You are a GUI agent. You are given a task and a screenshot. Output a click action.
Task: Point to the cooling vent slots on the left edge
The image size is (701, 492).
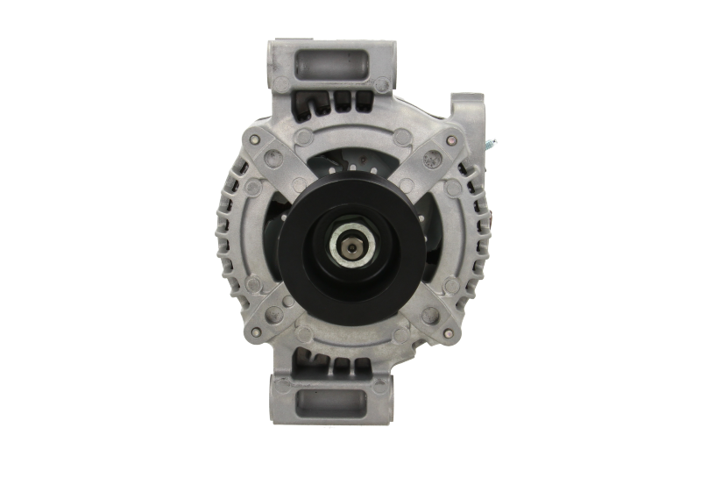[230, 237]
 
